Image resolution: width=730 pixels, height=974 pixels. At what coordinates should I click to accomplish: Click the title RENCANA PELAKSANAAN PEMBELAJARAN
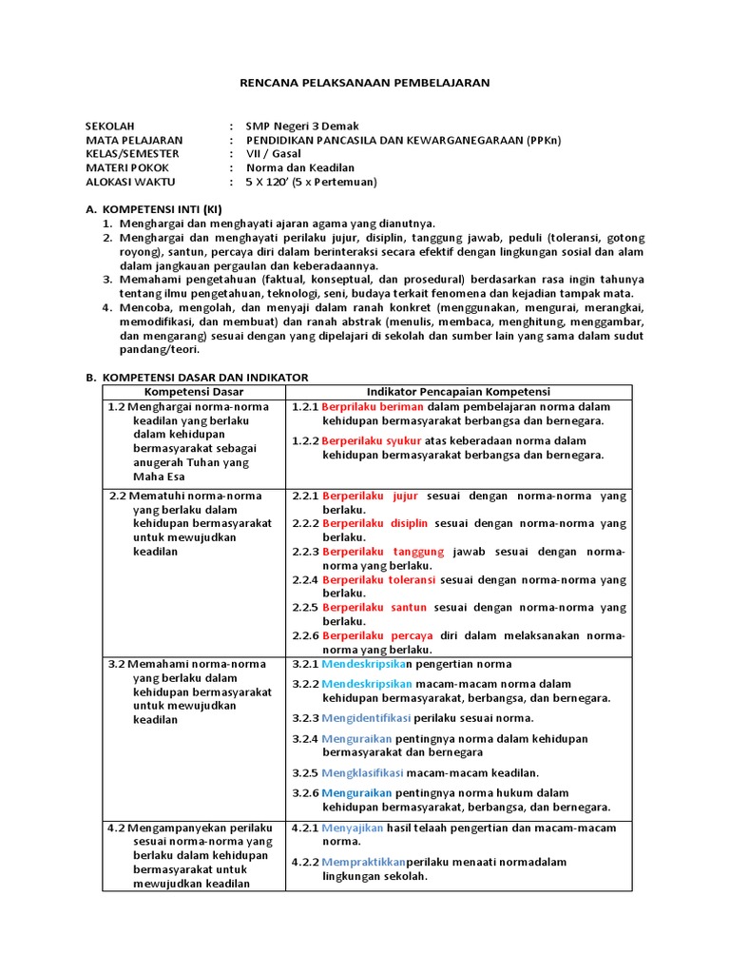[364, 83]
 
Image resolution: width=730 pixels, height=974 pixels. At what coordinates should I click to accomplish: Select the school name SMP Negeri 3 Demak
[302, 126]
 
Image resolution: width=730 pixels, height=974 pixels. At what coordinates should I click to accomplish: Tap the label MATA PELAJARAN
[133, 140]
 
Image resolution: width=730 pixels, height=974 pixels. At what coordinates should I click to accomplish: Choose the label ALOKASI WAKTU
[130, 182]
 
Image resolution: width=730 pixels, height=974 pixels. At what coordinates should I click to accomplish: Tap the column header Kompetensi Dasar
[194, 392]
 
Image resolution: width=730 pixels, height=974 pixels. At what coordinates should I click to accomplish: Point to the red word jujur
[405, 496]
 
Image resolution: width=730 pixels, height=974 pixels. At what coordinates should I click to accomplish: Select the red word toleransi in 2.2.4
[409, 579]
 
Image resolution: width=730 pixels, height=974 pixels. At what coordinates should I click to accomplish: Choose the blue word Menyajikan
[356, 828]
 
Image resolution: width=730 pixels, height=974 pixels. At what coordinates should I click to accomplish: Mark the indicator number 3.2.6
[305, 792]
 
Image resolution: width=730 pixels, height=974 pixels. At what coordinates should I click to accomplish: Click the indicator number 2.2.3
[305, 551]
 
